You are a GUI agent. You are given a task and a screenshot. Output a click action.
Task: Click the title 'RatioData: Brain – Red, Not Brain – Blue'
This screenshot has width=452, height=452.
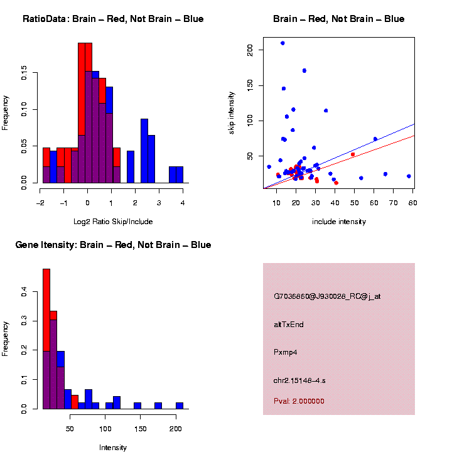coord(113,19)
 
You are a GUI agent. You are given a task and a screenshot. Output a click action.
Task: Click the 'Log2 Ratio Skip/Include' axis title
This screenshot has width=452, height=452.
coord(113,222)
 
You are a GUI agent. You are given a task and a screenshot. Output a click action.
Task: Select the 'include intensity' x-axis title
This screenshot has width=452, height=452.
coord(339,222)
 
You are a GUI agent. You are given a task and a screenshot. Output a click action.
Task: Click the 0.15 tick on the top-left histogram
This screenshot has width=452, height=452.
coord(24,75)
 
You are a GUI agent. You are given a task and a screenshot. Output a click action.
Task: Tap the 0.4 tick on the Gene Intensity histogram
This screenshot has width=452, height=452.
coord(24,292)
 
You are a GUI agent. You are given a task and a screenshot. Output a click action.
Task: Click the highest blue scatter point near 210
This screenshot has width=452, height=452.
coord(282,43)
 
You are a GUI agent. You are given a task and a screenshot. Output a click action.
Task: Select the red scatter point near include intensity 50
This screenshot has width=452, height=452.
coord(353,154)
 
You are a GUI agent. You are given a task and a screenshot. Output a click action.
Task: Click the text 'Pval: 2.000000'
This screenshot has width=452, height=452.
coord(299,401)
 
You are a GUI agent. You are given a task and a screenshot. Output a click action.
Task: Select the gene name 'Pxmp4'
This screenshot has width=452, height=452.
coord(286,352)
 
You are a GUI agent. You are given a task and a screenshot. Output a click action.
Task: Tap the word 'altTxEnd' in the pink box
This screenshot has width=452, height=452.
coord(289,325)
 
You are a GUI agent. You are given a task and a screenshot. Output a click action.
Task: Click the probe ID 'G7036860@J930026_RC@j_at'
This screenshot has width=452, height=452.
coord(326,296)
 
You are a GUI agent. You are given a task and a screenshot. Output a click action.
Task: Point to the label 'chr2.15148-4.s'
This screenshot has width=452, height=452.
coord(299,380)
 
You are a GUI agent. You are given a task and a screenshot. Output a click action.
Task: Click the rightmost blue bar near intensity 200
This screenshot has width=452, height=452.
coord(180,406)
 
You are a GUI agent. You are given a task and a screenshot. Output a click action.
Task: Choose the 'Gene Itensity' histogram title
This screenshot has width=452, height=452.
coord(113,245)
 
